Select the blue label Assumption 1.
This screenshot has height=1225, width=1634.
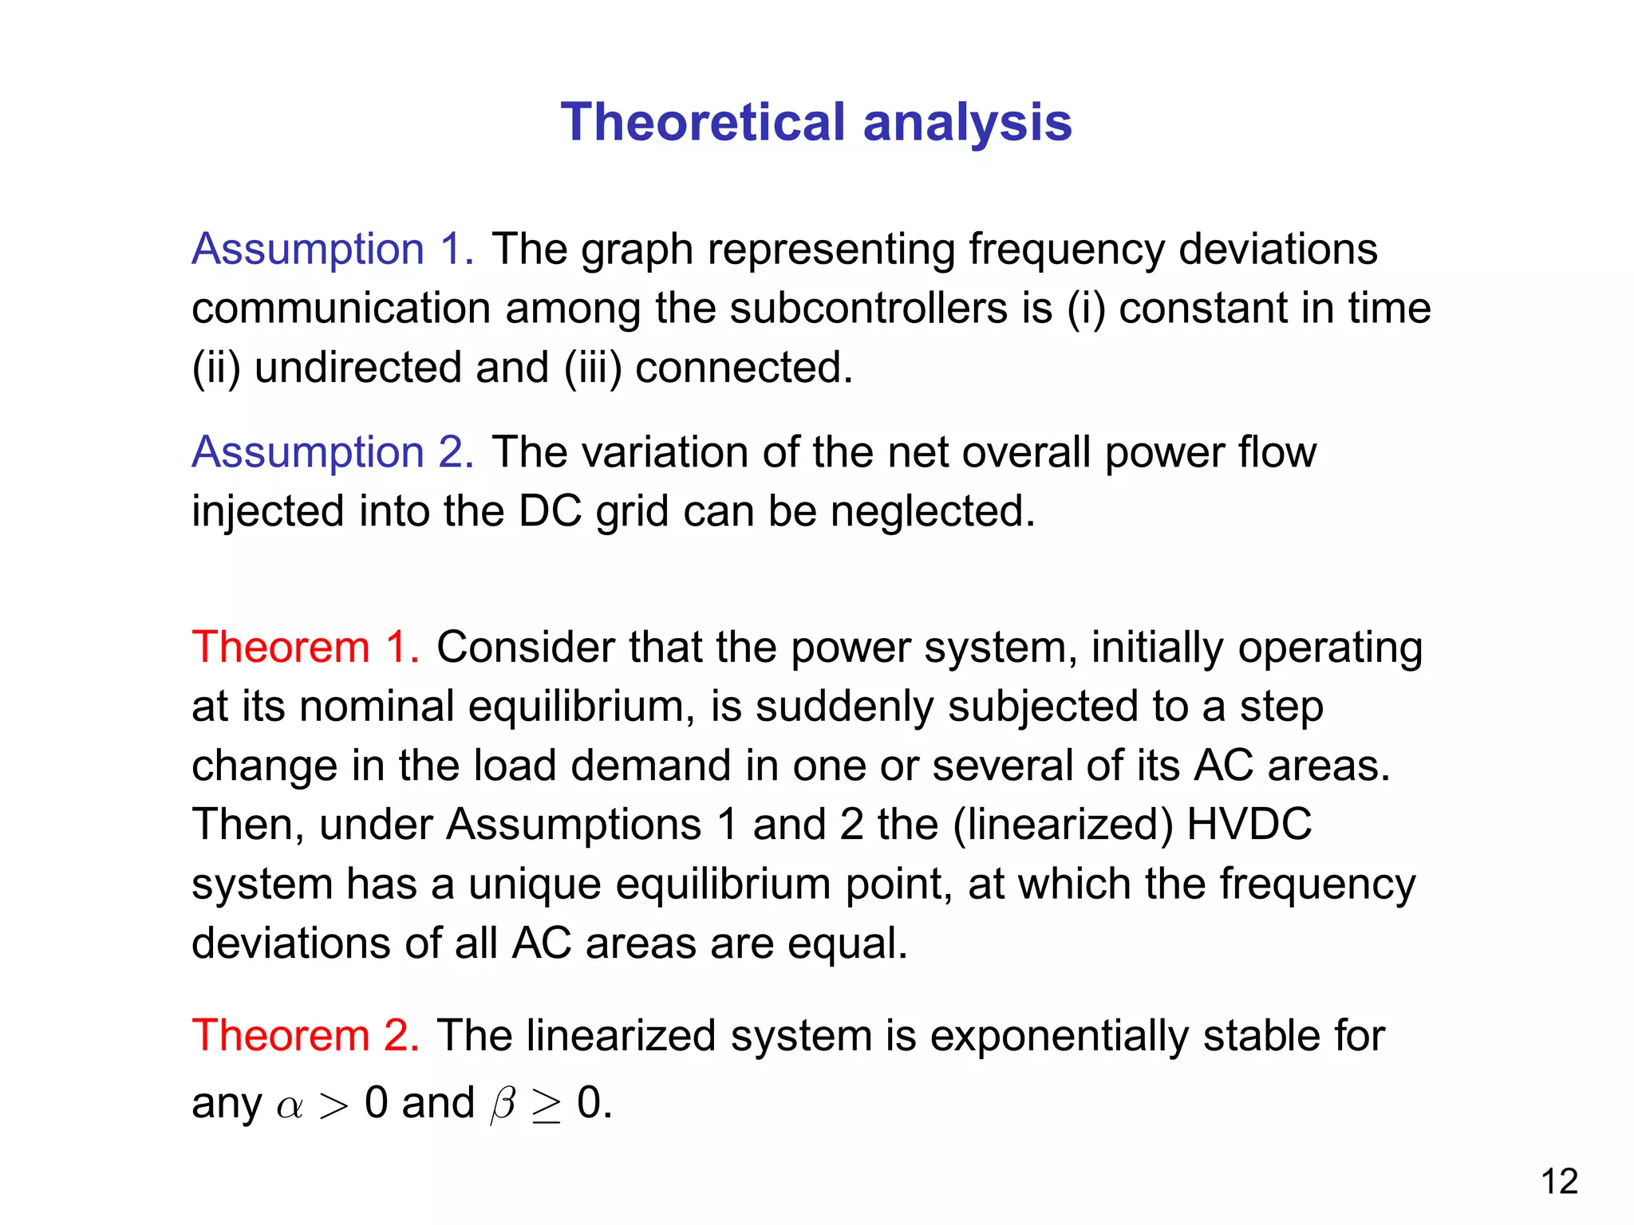click(333, 249)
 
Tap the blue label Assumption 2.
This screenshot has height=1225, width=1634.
click(333, 452)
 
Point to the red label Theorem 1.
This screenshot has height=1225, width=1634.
click(306, 647)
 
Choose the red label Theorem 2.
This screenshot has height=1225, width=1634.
click(306, 1036)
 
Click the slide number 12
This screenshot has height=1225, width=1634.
click(1559, 1181)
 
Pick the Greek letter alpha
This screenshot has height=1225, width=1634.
click(289, 1106)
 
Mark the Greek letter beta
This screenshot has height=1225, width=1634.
click(503, 1105)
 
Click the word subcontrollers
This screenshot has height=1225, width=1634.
click(868, 309)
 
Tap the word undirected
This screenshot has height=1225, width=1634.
click(357, 368)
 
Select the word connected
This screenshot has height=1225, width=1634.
click(744, 368)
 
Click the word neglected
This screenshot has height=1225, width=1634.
click(932, 511)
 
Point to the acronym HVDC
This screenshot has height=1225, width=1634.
click(1249, 824)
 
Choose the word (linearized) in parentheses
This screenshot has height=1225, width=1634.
click(1064, 825)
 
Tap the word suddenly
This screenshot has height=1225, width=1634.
click(844, 707)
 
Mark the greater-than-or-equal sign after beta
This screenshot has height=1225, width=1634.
click(547, 1107)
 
